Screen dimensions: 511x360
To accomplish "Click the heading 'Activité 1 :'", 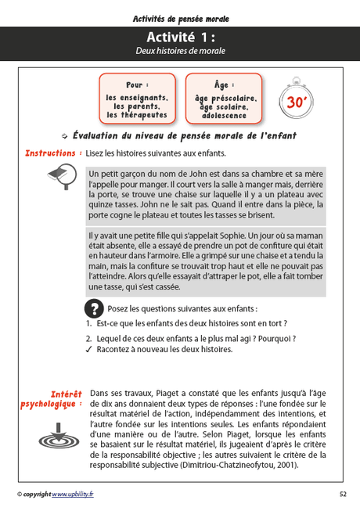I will coord(180,38).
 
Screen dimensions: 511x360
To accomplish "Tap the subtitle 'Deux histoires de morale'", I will coord(180,51).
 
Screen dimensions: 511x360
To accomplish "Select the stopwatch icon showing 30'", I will coord(296,99).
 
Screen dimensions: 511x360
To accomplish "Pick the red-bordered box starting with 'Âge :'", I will coord(223,99).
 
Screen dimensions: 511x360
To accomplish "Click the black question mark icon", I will coord(93,308).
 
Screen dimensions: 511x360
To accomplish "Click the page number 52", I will coord(343,494).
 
